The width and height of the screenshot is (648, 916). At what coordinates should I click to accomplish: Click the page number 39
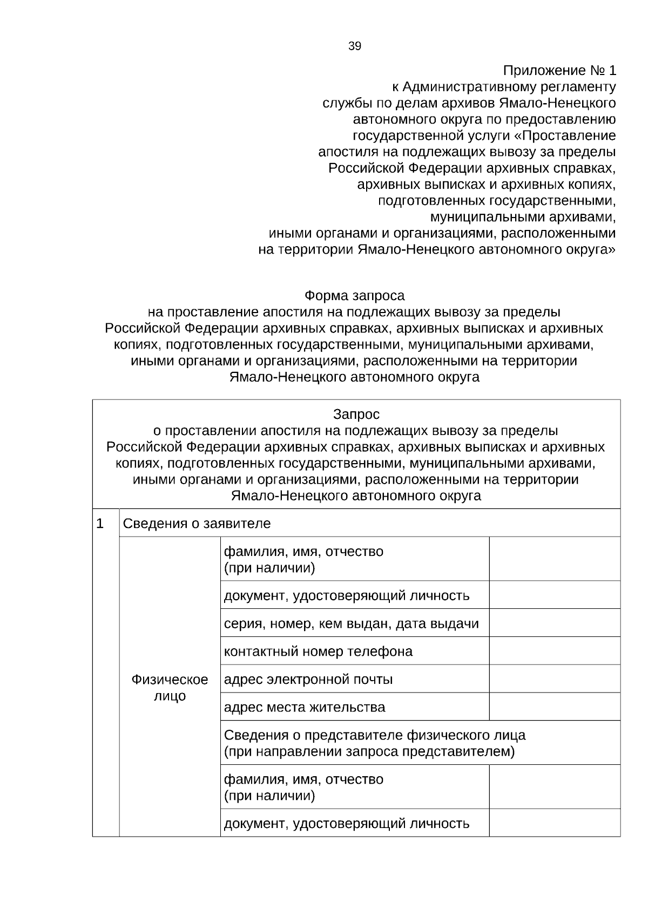[x=354, y=46]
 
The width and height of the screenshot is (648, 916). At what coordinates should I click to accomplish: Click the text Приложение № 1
[x=559, y=71]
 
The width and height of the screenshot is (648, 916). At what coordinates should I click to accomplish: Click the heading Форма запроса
[x=354, y=296]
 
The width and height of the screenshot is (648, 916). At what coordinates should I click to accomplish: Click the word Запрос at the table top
[x=356, y=415]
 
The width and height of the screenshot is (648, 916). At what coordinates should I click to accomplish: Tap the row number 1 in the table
[x=100, y=523]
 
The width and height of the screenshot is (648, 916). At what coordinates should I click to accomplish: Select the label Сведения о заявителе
[x=197, y=524]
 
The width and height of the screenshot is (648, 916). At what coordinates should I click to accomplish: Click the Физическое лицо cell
[x=170, y=687]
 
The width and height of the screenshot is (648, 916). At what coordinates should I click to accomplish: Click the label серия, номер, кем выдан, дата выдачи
[x=351, y=623]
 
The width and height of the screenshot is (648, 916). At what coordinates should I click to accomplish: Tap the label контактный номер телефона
[x=318, y=652]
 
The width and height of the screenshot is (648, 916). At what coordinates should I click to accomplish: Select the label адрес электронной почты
[x=308, y=679]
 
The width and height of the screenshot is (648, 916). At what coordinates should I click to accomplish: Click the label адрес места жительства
[x=305, y=707]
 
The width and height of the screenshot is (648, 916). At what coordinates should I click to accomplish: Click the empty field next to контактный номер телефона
[x=555, y=651]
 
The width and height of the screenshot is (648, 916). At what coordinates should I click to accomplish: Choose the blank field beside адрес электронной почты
[x=555, y=678]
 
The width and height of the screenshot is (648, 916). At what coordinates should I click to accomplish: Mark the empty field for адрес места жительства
[x=555, y=707]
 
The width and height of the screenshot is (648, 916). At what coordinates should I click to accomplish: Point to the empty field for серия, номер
[x=555, y=623]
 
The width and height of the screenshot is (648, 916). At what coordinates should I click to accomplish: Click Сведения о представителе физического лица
[x=375, y=735]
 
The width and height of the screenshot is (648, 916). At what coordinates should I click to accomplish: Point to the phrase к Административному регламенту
[x=503, y=87]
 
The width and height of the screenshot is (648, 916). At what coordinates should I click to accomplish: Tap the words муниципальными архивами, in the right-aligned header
[x=522, y=217]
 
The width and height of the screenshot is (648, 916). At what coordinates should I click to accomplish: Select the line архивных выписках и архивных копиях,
[x=486, y=185]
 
